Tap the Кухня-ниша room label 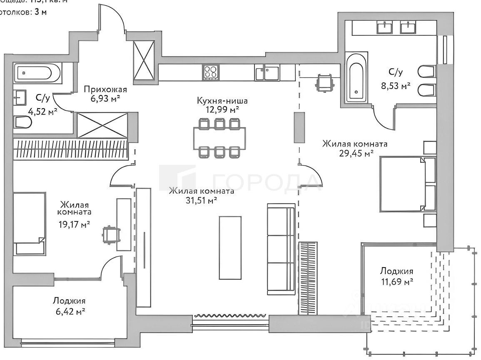coord(218,100)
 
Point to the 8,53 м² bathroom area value coord(399,86)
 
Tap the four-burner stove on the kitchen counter coord(210,72)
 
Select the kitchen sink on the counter coord(267,73)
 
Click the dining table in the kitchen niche coord(219,138)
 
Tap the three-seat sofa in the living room coord(281,248)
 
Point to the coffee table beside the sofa coord(230,248)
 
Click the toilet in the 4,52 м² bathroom coord(23,122)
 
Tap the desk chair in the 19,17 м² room coord(110,234)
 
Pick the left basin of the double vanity coord(384,27)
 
